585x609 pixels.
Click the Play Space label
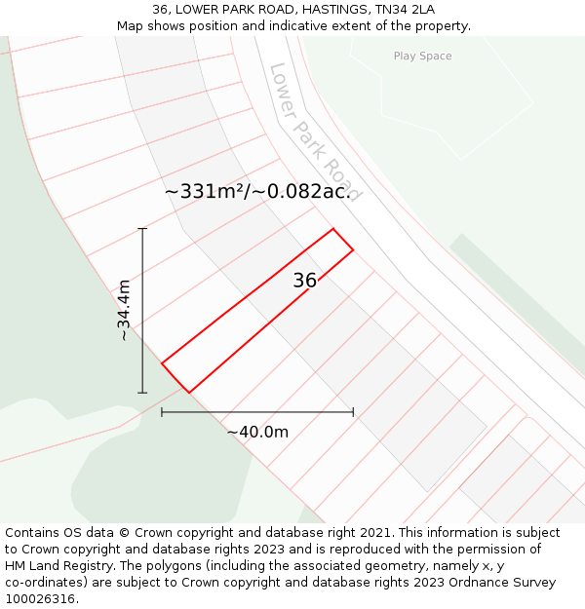[x=422, y=57]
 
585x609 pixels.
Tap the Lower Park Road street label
[x=315, y=132]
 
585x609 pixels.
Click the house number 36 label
[x=304, y=281]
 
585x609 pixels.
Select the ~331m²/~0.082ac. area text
[x=257, y=192]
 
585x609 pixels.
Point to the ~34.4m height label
[x=124, y=310]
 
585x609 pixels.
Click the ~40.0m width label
[x=257, y=432]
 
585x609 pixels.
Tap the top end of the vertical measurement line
[x=143, y=228]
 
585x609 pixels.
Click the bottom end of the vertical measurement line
[x=143, y=393]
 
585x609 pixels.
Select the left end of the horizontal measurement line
[x=162, y=412]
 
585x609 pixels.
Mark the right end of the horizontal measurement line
[x=353, y=412]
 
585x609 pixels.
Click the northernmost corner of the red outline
[x=333, y=229]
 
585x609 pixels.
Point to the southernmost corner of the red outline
[x=188, y=393]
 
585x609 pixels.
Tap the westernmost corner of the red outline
[x=162, y=362]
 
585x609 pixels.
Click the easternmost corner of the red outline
[x=353, y=250]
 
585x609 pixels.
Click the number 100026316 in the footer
[x=40, y=599]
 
